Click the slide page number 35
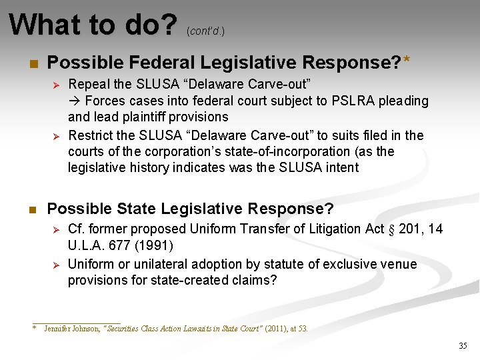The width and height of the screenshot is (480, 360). [463, 345]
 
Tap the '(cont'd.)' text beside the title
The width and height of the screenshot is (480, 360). [205, 31]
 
